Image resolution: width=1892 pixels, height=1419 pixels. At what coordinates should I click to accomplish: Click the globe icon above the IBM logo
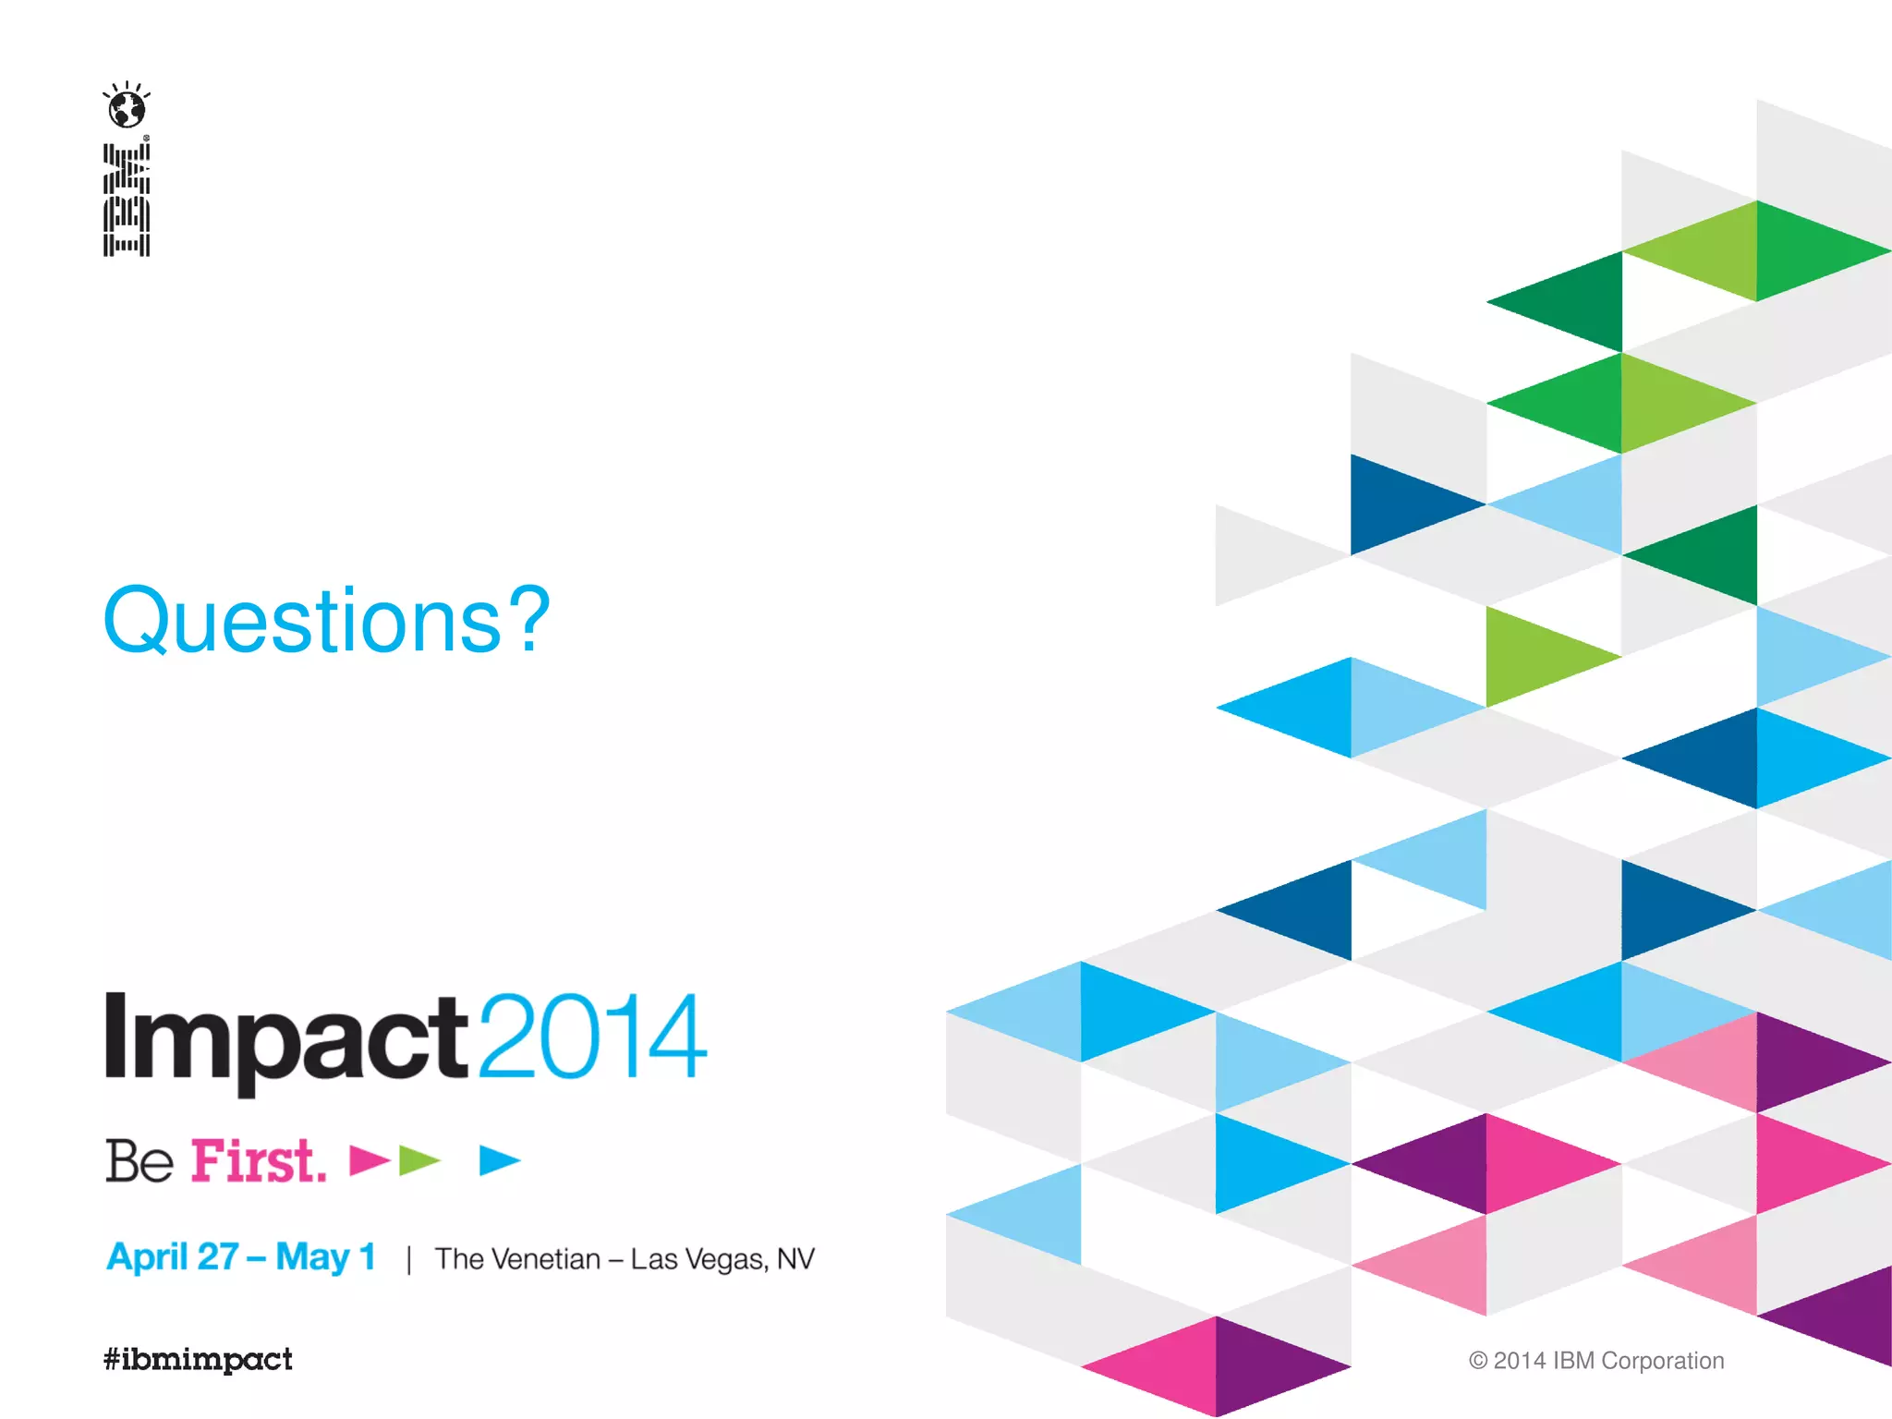(127, 108)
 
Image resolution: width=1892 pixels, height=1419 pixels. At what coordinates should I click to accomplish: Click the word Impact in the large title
(287, 1039)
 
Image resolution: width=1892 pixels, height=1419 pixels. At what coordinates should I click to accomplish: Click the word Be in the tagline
(139, 1161)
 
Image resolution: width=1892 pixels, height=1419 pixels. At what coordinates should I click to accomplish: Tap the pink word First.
(258, 1161)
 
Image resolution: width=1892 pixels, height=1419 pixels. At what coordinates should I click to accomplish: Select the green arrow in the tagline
(418, 1160)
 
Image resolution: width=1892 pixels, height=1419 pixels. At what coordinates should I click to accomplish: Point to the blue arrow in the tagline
(499, 1160)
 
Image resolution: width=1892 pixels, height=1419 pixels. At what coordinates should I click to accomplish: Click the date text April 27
(173, 1257)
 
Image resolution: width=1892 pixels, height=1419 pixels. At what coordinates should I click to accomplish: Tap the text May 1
(325, 1257)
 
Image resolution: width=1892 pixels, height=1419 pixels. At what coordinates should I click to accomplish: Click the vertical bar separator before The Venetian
(408, 1259)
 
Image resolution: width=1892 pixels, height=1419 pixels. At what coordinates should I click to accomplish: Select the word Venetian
(546, 1259)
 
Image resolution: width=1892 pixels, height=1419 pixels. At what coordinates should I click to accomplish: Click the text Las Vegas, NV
(722, 1259)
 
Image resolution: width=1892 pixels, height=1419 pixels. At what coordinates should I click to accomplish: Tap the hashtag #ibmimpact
(198, 1359)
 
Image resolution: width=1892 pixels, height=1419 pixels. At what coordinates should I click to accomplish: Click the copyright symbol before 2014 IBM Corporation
(1477, 1361)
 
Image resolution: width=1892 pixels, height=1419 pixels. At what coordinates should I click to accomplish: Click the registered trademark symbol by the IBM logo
(147, 139)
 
